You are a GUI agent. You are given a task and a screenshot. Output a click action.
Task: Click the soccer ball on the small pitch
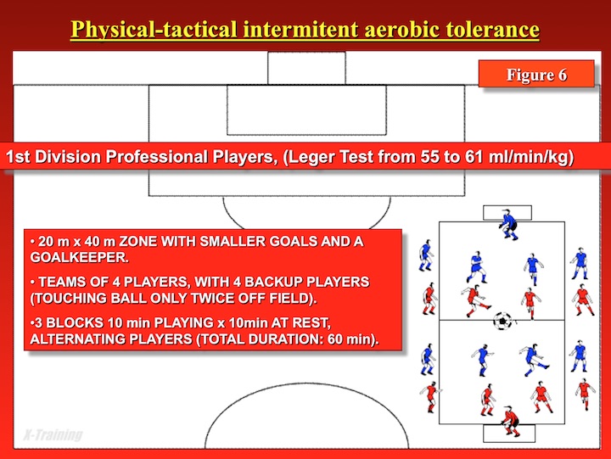502,321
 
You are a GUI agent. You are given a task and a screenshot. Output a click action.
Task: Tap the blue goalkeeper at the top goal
508,225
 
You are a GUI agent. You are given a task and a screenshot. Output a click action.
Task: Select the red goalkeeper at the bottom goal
511,421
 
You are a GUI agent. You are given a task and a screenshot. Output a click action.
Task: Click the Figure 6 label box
536,74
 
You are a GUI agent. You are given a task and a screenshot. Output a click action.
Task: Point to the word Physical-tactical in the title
154,30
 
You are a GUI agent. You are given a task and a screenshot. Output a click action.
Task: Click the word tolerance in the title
493,30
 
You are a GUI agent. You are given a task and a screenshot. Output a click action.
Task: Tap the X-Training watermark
53,434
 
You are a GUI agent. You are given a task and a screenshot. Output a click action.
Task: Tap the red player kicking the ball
475,301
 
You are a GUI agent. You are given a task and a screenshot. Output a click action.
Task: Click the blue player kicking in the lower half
533,359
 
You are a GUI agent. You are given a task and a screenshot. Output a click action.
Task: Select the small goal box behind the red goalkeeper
509,434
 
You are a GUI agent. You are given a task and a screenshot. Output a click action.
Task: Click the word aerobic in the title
402,30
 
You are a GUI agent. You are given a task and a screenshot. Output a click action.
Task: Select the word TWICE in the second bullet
210,298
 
